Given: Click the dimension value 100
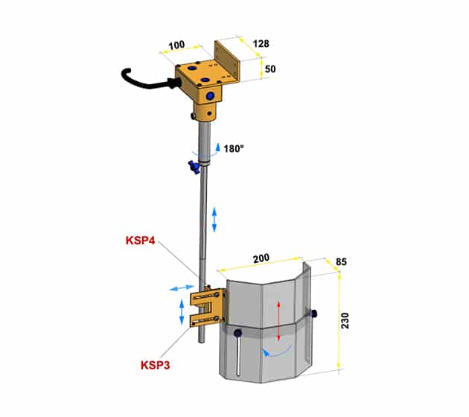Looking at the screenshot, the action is [176, 45].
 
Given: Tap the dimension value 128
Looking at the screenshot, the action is [261, 44].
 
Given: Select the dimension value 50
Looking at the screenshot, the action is [270, 69].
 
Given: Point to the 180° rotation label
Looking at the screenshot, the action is [234, 149].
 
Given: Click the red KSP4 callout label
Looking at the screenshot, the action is [140, 241].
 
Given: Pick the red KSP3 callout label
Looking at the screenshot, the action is [156, 366].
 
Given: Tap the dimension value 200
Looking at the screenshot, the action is [261, 258].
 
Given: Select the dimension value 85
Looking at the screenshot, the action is [341, 262].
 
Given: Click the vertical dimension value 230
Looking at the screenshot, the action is [345, 321].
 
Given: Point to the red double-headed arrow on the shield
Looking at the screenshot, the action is [278, 321].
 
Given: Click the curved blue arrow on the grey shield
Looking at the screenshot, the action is [277, 351].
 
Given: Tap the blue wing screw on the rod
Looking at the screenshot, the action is [194, 166].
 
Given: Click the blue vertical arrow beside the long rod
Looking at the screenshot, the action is [214, 220].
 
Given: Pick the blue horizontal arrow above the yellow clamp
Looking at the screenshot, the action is [182, 288].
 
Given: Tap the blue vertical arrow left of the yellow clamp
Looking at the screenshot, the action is [182, 312].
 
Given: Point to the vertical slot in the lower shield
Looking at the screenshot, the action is [238, 355].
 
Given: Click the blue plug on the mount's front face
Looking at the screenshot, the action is [211, 96].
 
